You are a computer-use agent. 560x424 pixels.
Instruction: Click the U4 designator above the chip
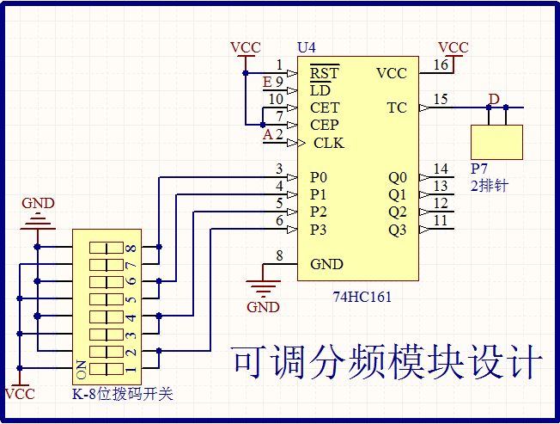coord(306,46)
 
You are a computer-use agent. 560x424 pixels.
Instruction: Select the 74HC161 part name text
coord(362,298)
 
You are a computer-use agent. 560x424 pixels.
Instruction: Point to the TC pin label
coord(397,108)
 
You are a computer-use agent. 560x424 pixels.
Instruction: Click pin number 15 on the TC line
coord(440,99)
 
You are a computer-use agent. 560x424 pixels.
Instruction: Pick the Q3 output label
coord(397,230)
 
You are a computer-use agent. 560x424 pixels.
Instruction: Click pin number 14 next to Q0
coord(440,169)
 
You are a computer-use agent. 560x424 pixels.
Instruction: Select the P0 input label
coord(319,177)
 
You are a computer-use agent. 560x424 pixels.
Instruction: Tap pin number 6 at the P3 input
coord(279,221)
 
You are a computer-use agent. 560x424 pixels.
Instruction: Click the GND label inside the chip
coord(326,264)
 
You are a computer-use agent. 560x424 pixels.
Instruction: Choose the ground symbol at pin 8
coord(263,285)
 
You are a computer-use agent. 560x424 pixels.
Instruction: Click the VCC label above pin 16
coord(453,47)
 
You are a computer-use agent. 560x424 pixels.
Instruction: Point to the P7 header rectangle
coord(496,142)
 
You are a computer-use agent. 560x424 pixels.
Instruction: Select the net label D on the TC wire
coord(493,99)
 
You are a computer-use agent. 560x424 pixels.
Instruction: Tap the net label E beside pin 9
coord(267,82)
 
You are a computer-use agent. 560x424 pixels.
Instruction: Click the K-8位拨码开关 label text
coord(122,394)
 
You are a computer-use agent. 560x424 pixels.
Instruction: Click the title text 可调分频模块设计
coord(387,362)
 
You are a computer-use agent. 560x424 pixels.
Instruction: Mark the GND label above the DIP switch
coord(37,203)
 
